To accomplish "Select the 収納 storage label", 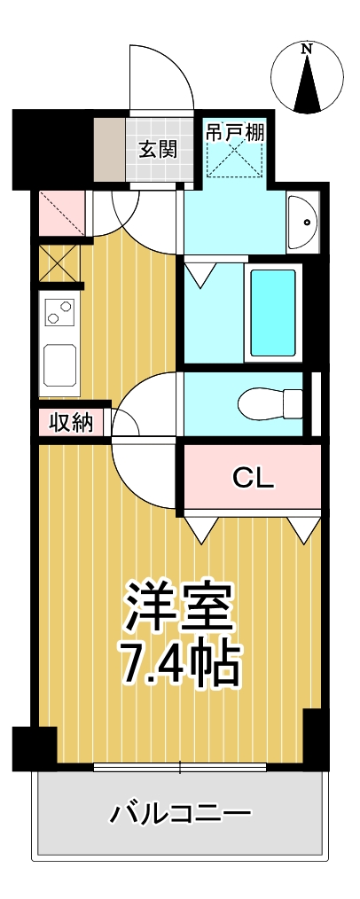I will pos(70,423).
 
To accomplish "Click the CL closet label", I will pos(254,478).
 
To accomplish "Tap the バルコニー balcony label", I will pos(180,812).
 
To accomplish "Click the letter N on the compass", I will pos(307,50).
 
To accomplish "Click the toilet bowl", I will pos(270,403).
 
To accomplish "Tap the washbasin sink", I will pos(302,223).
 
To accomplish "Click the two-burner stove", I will pos(59,312).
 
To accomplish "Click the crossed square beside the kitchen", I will pos(59,263).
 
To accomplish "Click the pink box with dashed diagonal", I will pos(62,213).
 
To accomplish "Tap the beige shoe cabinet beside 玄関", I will pos(111,148).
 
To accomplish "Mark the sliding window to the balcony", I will pos(180,767).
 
